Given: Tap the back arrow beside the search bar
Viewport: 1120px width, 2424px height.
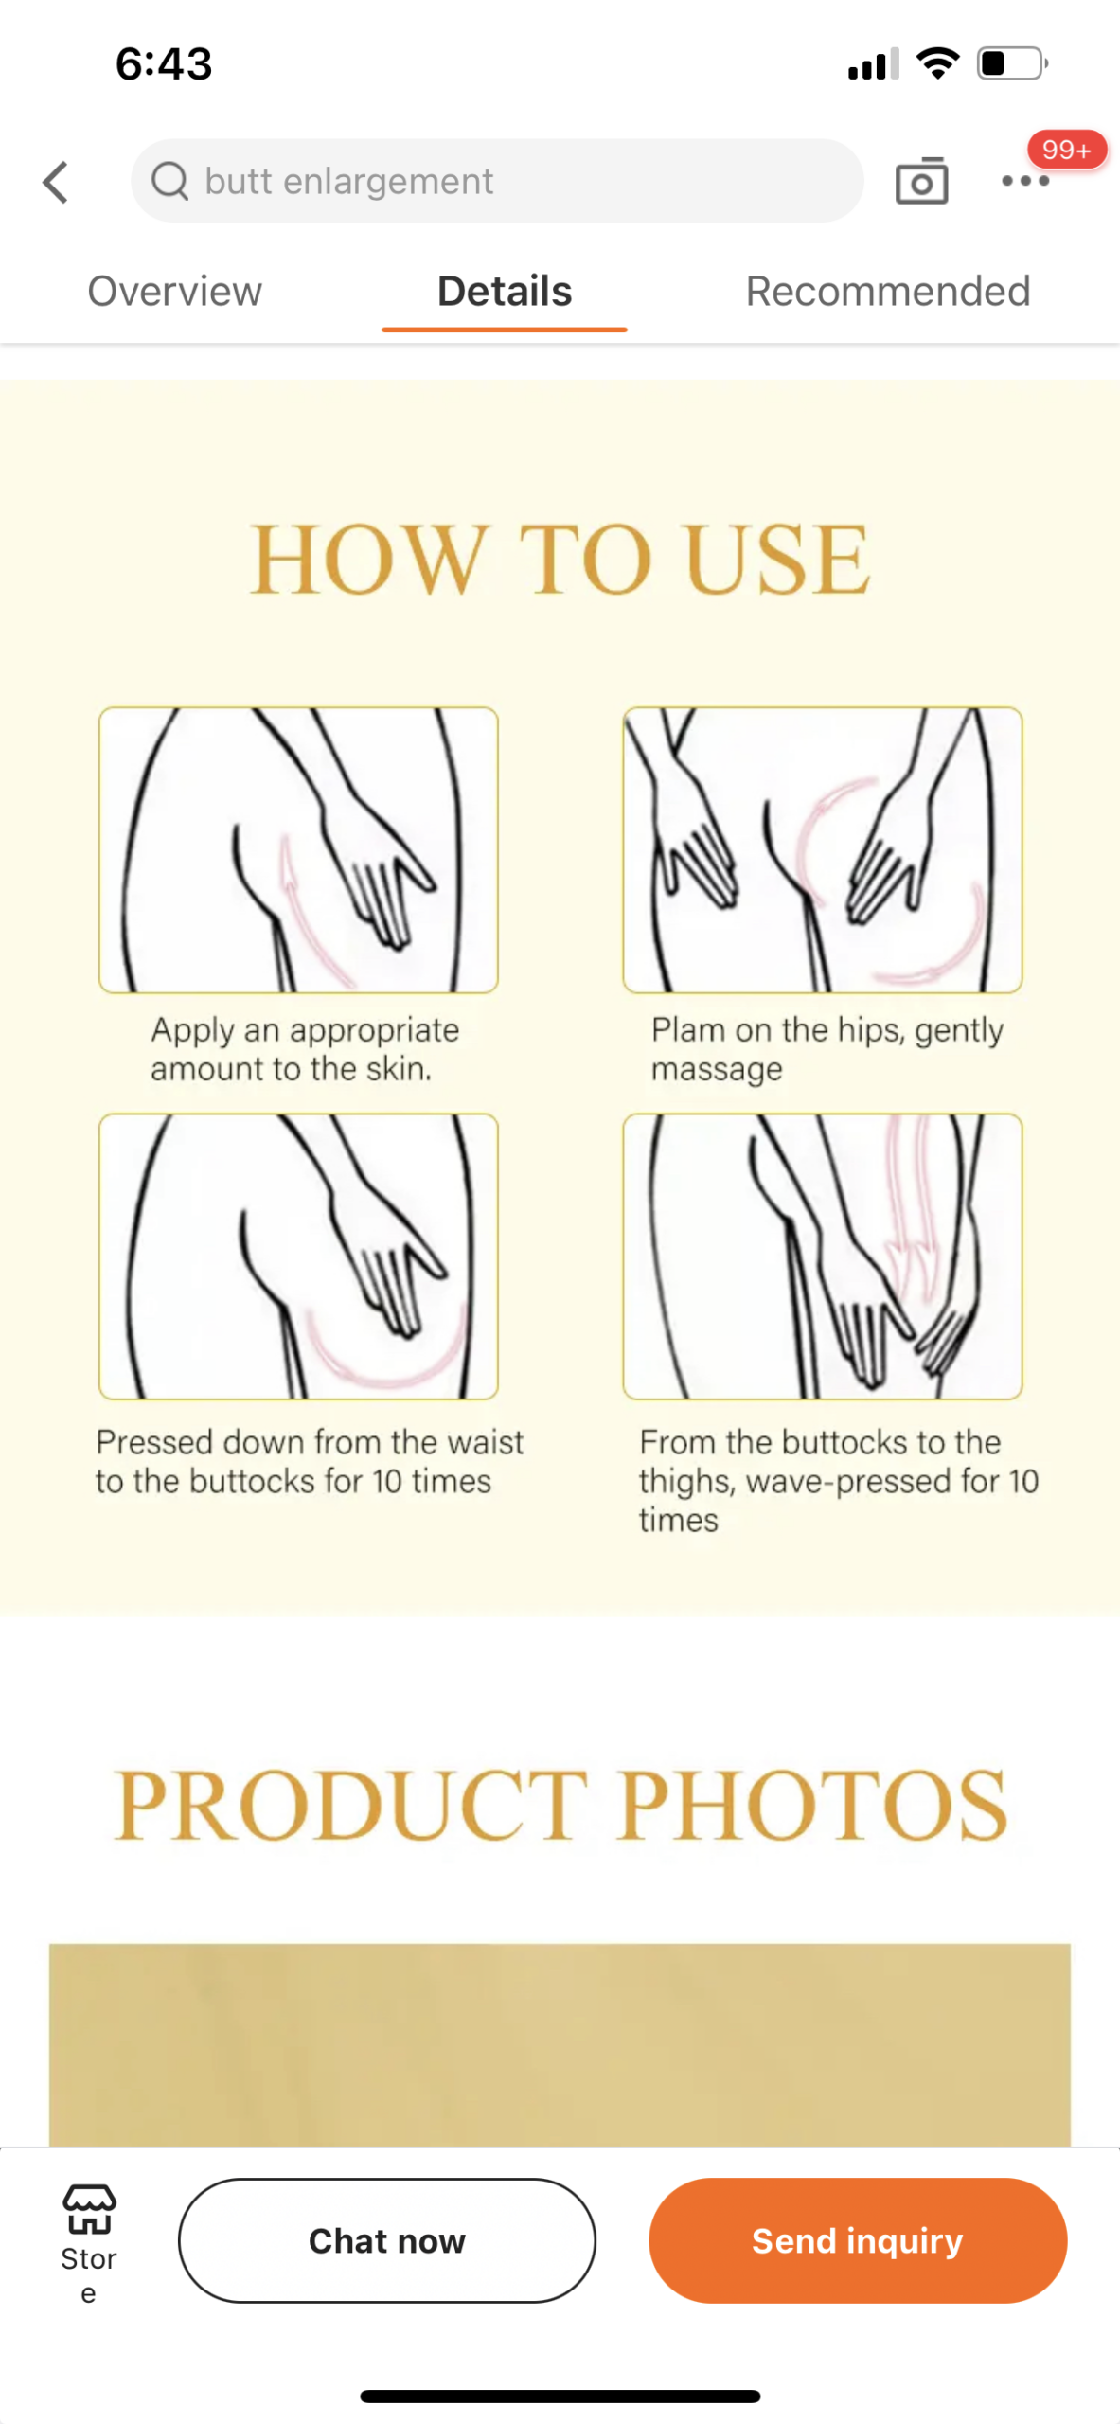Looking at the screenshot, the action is tap(56, 182).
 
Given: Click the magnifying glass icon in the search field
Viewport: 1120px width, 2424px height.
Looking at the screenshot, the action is tap(170, 181).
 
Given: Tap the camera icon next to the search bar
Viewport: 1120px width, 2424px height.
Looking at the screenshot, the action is tap(921, 180).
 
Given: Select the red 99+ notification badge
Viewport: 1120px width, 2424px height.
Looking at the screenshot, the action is tap(1067, 150).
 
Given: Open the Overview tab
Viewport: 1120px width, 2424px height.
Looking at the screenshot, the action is tap(175, 291).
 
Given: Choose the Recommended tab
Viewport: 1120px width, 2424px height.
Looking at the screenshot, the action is tap(888, 291).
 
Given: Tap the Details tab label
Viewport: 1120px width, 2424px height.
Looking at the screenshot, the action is tap(505, 291).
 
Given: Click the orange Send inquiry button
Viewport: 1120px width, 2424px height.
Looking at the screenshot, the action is tap(858, 2240).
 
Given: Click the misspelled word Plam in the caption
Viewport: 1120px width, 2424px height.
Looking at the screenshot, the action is tap(689, 1029).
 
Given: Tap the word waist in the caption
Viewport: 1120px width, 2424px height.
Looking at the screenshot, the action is tap(485, 1442).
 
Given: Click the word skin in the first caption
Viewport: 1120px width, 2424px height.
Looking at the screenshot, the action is tap(399, 1068).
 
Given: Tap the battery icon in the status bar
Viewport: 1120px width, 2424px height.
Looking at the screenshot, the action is tap(1012, 63).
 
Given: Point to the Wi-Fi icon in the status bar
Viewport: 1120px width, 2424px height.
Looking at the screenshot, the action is tap(937, 63).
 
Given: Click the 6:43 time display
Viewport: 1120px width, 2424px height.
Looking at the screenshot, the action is tap(164, 63).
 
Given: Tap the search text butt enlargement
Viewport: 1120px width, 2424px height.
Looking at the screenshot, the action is tap(349, 181).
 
